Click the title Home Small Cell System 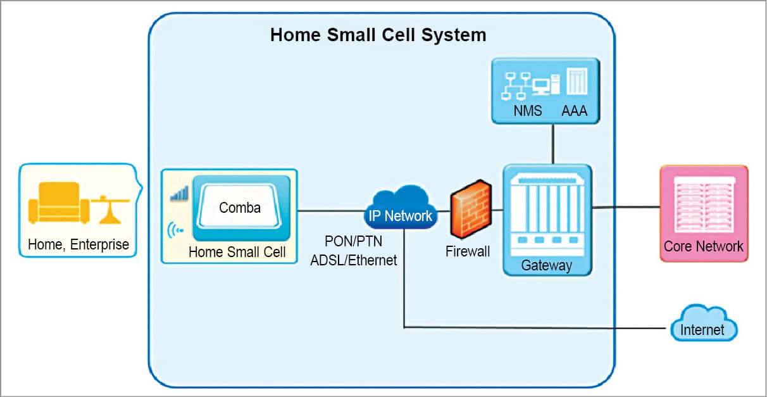coord(378,34)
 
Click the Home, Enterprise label coord(78,244)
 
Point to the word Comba coord(240,207)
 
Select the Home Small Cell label coord(237,252)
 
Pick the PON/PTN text coord(353,242)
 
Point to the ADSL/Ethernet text coord(353,260)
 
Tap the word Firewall coord(467,251)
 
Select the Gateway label coord(546,265)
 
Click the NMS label coord(527,111)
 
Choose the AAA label coord(575,111)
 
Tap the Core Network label coord(703,246)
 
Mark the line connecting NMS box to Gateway coord(554,144)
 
